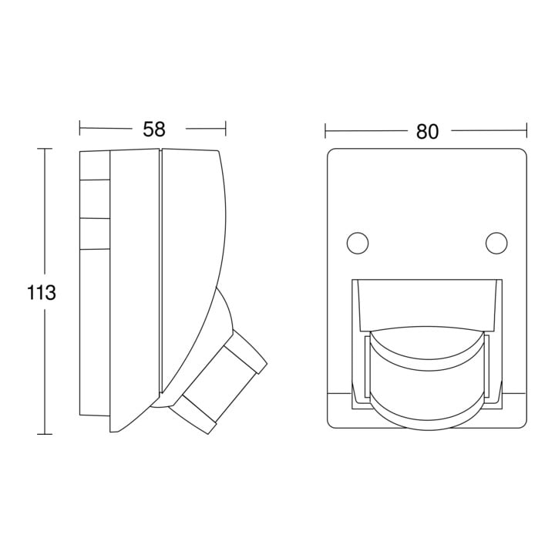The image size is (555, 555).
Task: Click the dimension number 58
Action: pos(154,129)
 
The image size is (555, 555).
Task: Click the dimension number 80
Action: pos(427,131)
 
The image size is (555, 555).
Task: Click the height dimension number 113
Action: pos(42,293)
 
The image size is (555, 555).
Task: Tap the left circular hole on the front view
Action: pos(358,243)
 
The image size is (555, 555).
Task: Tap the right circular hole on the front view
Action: pos(496,243)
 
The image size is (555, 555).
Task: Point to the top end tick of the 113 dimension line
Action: pos(45,149)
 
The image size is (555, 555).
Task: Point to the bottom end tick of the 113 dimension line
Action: pos(45,434)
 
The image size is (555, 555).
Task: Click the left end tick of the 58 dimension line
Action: pos(79,128)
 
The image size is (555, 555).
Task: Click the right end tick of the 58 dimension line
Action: pos(225,128)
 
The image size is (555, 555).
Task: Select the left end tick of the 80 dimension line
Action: pos(325,130)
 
